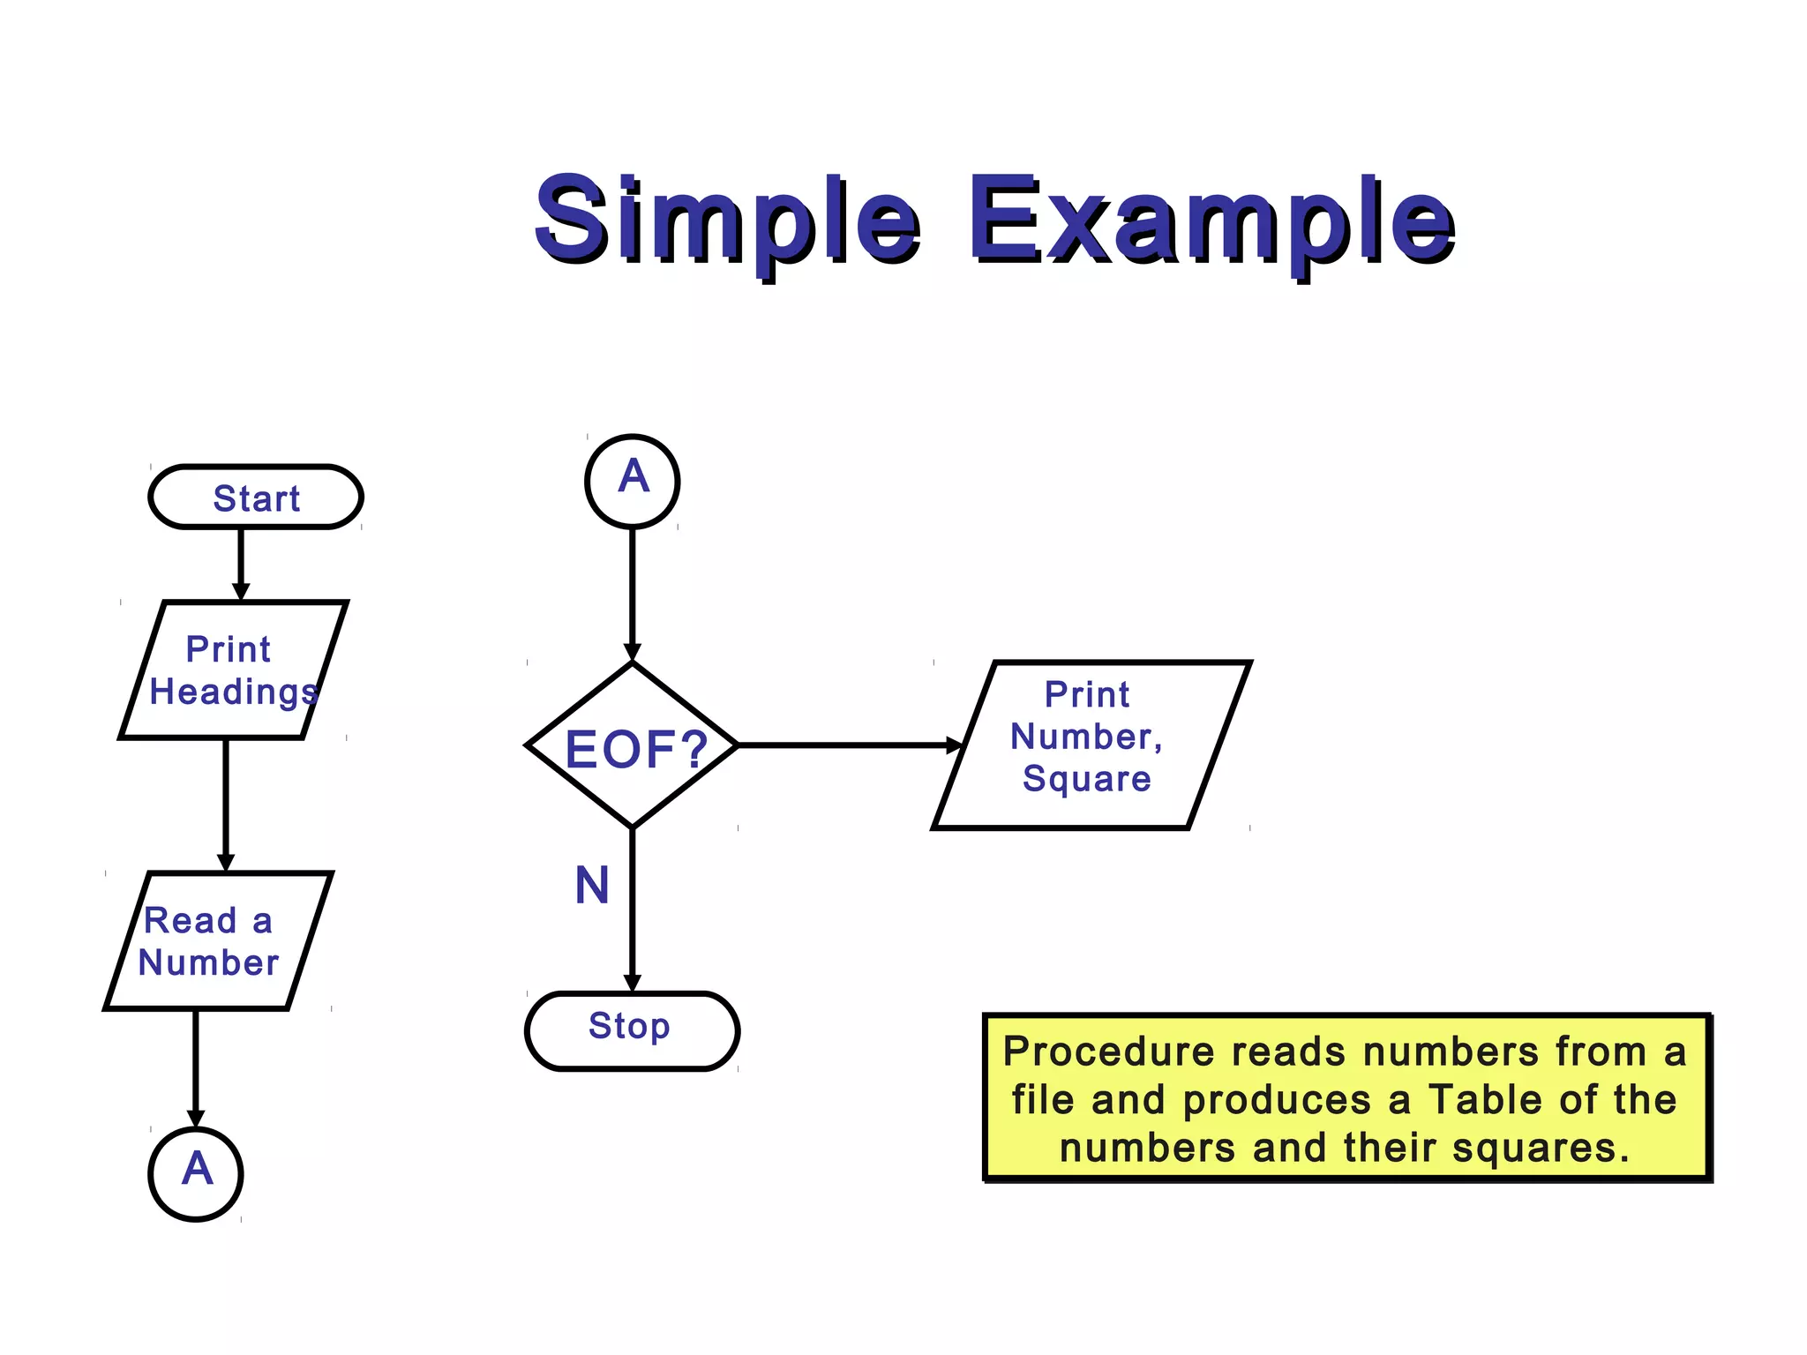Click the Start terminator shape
[256, 498]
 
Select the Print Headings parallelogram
[233, 670]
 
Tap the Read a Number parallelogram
[217, 940]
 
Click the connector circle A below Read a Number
[196, 1173]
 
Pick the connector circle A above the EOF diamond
[633, 481]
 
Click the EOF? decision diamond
[633, 746]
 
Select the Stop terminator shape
[632, 1030]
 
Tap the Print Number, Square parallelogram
[1091, 745]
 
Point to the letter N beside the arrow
[592, 886]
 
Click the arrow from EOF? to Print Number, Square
[847, 745]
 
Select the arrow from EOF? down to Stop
[633, 909]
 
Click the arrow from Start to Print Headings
[241, 563]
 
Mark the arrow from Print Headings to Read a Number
[226, 803]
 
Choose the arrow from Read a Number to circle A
[196, 1067]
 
